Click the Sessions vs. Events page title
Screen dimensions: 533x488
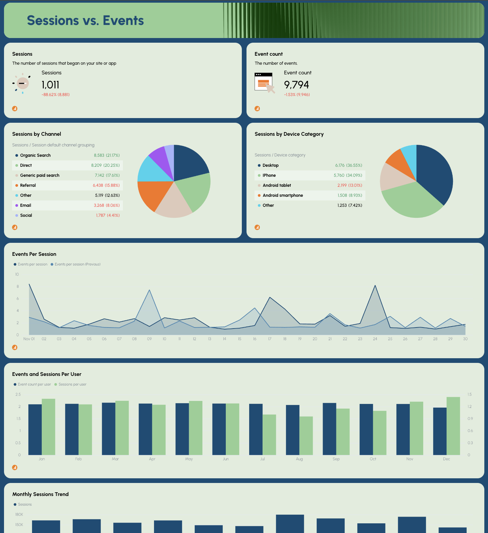85,21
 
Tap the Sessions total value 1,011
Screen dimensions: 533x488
50,85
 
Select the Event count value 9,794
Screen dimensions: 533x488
296,85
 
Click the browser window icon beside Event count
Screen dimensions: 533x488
264,82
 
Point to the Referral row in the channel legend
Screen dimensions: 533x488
28,185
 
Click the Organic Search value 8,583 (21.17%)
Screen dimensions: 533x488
107,155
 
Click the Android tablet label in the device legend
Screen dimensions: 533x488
277,185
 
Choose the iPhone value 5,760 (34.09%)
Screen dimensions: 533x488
348,175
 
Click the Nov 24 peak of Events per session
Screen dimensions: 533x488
375,286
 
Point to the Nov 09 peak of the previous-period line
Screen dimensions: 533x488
149,290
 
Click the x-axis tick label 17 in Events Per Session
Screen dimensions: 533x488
270,339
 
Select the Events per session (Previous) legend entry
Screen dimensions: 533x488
77,264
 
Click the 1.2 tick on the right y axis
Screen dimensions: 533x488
470,407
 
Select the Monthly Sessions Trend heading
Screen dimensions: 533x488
40,494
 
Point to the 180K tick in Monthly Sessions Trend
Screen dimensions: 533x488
19,515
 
